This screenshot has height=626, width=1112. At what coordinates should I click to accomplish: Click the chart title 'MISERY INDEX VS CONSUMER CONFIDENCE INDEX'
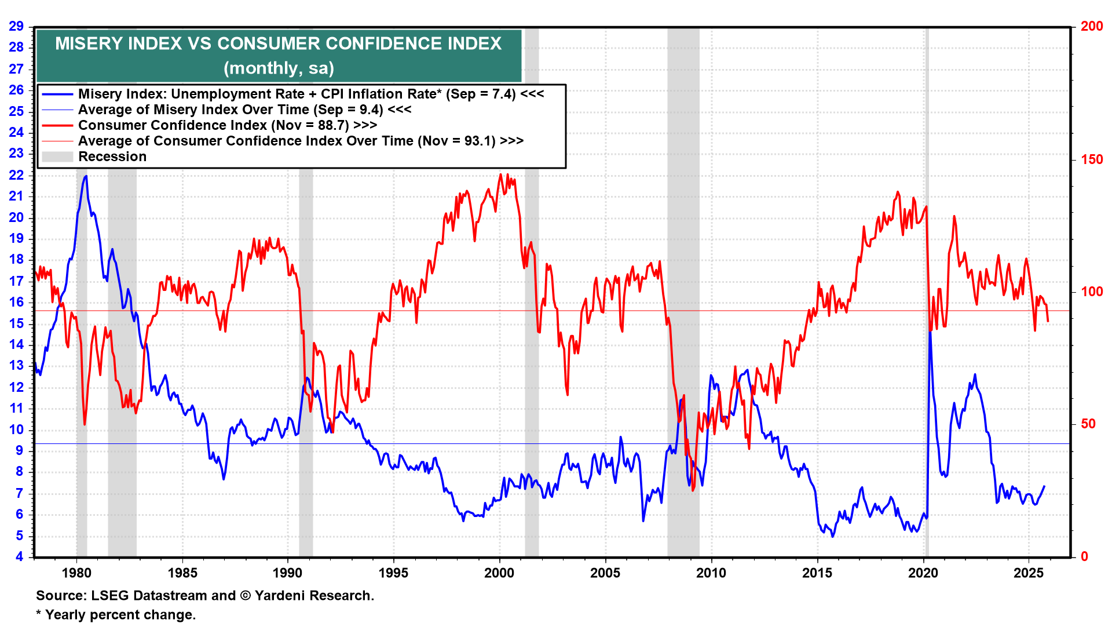point(278,43)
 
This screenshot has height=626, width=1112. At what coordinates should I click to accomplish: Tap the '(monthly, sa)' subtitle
point(279,68)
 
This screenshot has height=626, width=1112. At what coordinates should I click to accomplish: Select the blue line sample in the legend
point(57,94)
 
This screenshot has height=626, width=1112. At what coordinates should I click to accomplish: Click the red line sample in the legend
point(57,125)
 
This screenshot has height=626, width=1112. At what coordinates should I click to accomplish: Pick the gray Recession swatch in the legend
point(57,156)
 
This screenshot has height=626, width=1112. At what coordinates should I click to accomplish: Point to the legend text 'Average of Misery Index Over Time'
point(194,110)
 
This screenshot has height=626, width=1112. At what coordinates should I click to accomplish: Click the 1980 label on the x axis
point(76,573)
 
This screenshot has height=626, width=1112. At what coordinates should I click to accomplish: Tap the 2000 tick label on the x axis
point(499,573)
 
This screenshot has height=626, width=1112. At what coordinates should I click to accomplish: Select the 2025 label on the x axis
point(1029,573)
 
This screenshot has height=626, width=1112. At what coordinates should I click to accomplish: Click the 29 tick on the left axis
point(16,26)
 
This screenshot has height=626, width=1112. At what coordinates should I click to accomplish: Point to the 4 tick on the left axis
point(20,557)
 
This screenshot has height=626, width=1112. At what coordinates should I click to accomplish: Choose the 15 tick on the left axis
point(16,323)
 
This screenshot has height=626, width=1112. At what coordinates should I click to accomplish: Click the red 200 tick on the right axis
point(1092,26)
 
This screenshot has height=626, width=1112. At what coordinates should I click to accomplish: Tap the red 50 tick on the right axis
point(1088,424)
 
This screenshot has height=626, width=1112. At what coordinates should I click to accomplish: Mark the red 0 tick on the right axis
point(1085,557)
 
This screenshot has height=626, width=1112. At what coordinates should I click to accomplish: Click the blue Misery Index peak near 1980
point(86,176)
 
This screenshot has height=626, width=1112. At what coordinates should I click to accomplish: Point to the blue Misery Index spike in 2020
point(930,333)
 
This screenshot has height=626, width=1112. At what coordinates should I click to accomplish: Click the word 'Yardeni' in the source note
point(280,596)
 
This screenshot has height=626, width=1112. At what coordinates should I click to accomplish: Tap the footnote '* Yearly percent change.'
point(116,615)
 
